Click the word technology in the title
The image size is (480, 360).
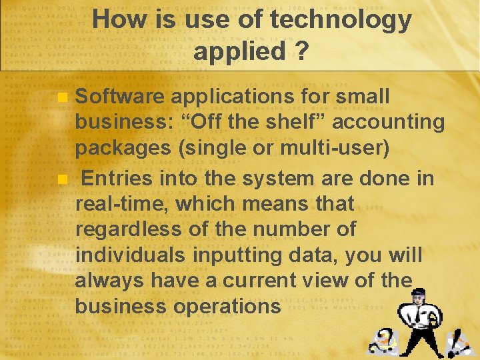point(341,20)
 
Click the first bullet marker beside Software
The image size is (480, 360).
point(62,97)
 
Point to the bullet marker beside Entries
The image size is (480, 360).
point(62,179)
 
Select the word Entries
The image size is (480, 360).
point(115,179)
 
